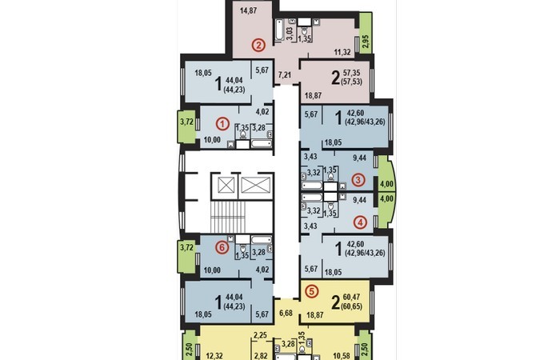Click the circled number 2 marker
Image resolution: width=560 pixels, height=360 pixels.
(x=258, y=46)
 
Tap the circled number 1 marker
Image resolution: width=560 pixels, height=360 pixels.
(x=223, y=124)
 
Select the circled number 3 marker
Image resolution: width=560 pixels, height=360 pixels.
(x=358, y=180)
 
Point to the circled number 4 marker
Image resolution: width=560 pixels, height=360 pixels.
(x=360, y=222)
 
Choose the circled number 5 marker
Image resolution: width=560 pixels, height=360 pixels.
(x=312, y=291)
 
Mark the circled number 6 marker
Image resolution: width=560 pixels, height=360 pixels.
(x=222, y=247)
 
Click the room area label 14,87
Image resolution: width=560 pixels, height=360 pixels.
(x=248, y=10)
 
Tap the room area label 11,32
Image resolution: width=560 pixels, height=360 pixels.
(x=342, y=52)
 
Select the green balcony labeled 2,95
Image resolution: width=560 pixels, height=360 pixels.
(x=366, y=34)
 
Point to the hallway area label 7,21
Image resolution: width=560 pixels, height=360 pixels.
(x=285, y=74)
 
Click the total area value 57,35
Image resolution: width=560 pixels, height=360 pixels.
(x=352, y=74)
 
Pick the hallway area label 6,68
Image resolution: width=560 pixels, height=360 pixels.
(x=286, y=313)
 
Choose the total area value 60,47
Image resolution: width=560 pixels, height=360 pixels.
(x=352, y=297)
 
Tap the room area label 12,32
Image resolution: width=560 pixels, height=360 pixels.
(x=214, y=356)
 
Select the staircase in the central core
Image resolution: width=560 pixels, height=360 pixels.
(x=229, y=217)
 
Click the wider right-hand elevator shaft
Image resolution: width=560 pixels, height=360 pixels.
(x=254, y=186)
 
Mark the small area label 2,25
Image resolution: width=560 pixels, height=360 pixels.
(x=260, y=335)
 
